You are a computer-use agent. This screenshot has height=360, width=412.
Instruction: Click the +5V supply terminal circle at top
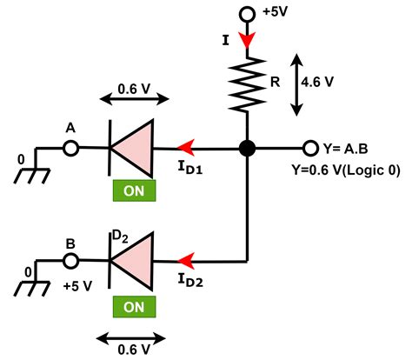247,14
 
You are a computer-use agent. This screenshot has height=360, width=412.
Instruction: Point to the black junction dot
248,149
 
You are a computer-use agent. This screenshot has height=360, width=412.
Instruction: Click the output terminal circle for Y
310,149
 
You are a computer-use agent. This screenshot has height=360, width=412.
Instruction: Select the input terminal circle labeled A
72,149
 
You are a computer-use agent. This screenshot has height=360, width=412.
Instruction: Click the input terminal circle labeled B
72,260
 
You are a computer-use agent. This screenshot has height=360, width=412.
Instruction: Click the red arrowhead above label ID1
183,149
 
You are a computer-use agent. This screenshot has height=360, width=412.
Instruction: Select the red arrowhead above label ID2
183,260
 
